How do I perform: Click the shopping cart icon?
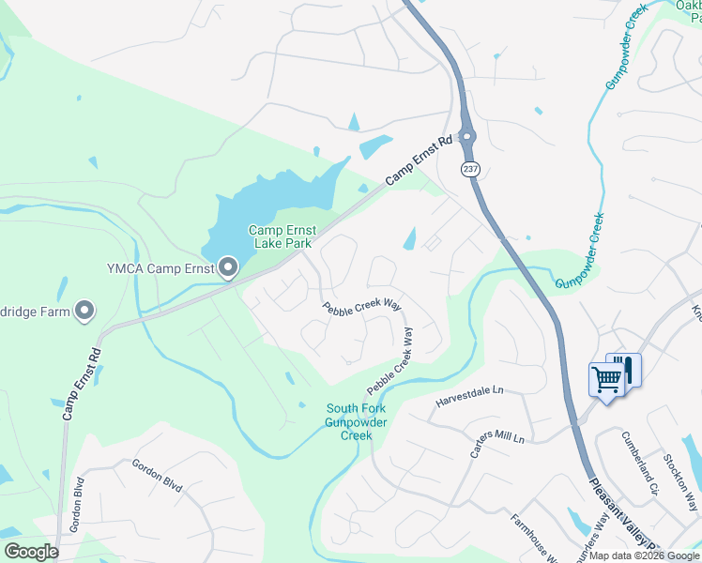pyautogui.click(x=607, y=380)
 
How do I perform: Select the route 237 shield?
pyautogui.click(x=469, y=168)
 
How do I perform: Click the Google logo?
pyautogui.click(x=31, y=551)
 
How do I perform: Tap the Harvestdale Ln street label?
pyautogui.click(x=469, y=397)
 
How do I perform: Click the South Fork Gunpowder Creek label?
pyautogui.click(x=356, y=421)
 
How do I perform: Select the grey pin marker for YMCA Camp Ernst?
pyautogui.click(x=228, y=268)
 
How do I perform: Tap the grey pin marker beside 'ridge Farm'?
pyautogui.click(x=84, y=310)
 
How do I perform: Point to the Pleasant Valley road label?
pyautogui.click(x=624, y=517)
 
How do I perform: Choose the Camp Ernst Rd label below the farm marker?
pyautogui.click(x=81, y=384)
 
